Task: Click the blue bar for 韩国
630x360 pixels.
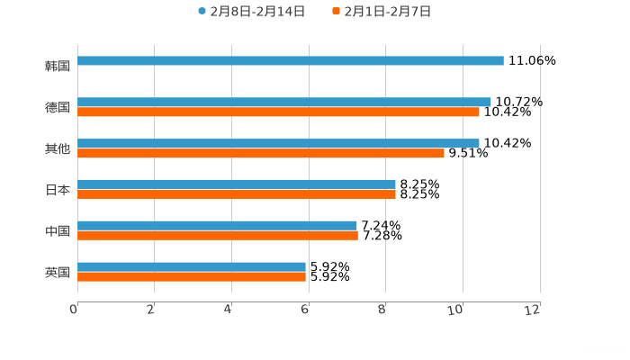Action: coord(290,60)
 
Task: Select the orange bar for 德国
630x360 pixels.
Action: coord(278,112)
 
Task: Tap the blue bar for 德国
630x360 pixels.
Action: coord(283,102)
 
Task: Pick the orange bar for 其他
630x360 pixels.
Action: coord(260,153)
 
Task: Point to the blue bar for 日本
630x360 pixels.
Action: coord(236,184)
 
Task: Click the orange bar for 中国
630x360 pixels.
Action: coord(217,236)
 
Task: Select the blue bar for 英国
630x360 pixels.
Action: coord(191,266)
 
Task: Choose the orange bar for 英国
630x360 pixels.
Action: coord(191,276)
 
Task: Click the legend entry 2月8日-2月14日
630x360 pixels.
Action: coord(251,12)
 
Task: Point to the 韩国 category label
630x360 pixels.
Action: coord(58,66)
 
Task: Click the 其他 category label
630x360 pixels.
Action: coord(58,148)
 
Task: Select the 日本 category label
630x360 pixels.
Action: coord(58,190)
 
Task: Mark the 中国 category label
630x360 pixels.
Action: coord(58,231)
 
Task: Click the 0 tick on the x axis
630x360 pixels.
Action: coord(74,310)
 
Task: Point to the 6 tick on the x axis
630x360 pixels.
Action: coord(305,310)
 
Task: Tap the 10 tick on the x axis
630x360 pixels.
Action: coord(460,310)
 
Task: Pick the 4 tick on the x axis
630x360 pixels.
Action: coord(229,310)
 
